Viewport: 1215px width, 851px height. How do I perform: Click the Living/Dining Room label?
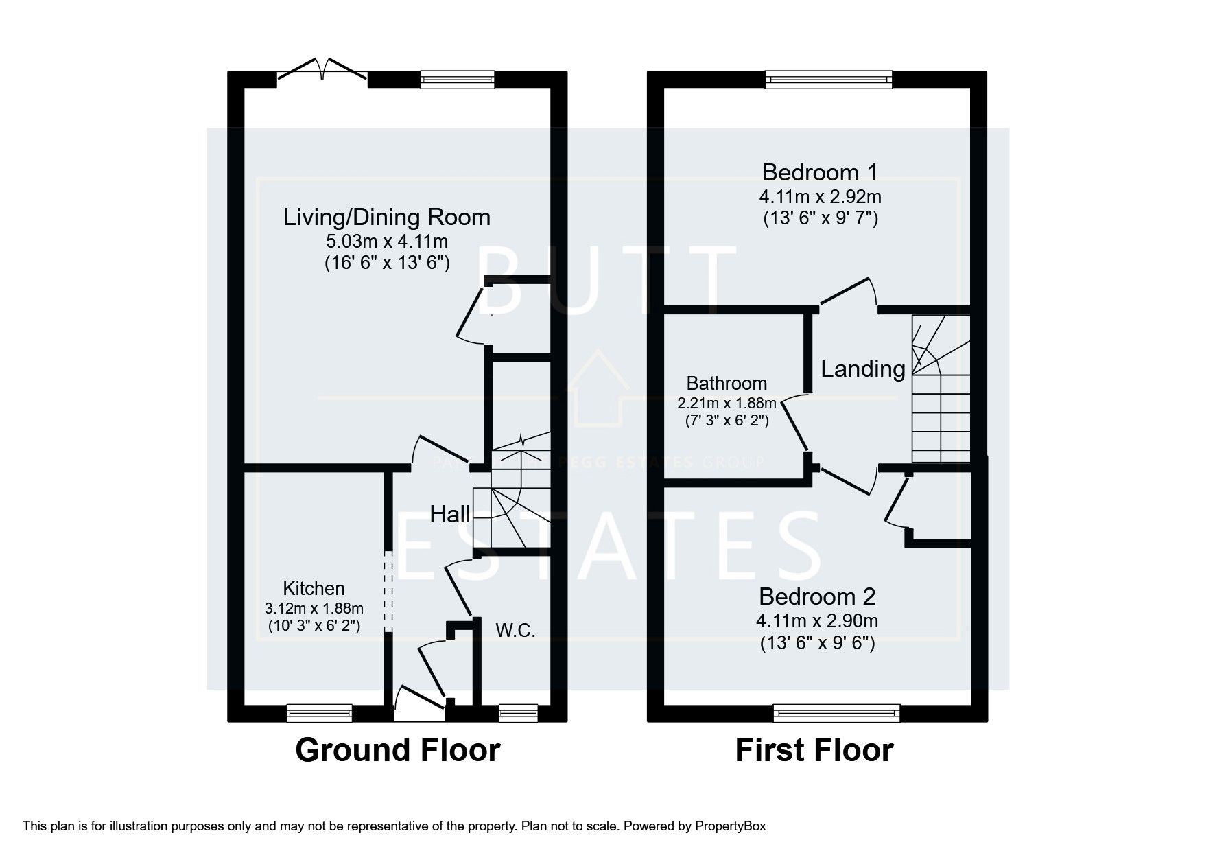[387, 218]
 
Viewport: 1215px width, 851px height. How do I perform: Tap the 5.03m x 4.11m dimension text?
[387, 242]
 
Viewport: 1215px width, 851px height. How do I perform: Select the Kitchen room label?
[314, 589]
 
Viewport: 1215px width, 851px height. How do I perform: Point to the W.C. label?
[515, 630]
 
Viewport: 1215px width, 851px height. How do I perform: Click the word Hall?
[450, 515]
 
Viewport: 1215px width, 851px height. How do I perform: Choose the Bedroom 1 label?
[820, 172]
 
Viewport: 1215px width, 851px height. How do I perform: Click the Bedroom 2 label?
[817, 596]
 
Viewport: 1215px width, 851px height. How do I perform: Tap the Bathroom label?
[727, 384]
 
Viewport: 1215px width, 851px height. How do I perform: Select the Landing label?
[863, 369]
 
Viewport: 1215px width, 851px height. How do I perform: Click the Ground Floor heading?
[397, 750]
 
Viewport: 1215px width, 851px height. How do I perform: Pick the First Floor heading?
[814, 750]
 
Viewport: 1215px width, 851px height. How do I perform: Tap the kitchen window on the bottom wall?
[319, 714]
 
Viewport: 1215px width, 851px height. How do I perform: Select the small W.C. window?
[518, 714]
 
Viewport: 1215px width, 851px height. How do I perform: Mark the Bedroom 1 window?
[829, 80]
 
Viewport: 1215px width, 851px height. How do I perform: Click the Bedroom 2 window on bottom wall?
[836, 714]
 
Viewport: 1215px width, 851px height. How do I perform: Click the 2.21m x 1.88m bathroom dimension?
[727, 403]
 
